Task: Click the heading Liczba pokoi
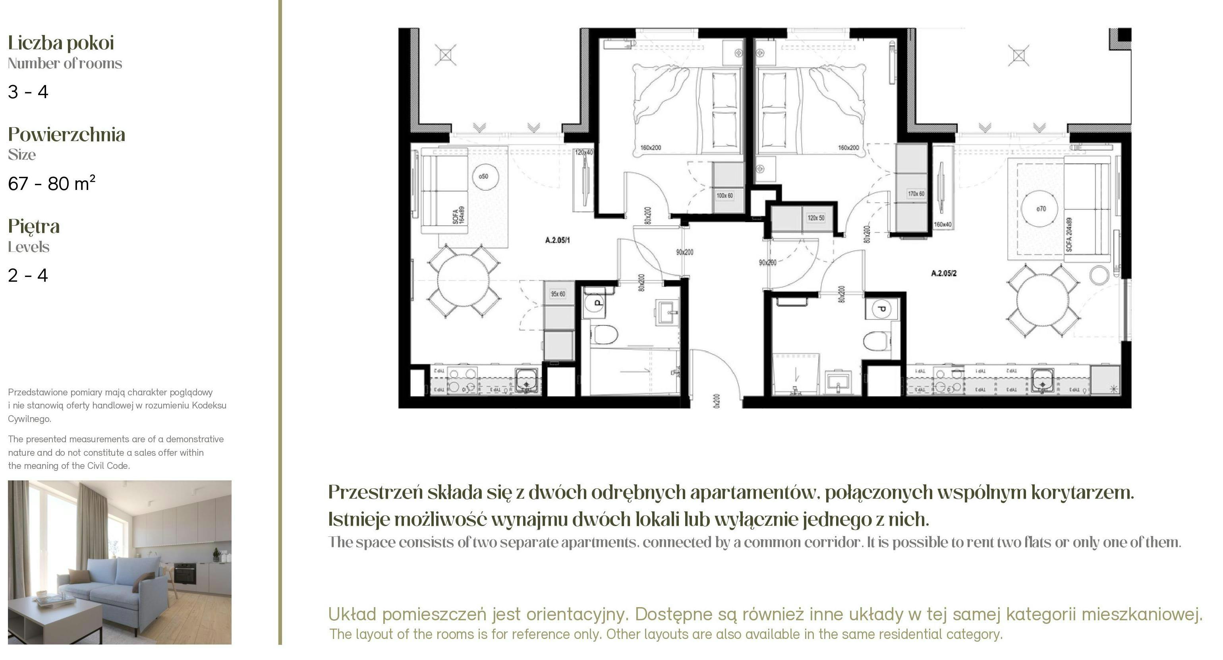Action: click(x=61, y=43)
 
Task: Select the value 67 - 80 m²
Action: click(x=51, y=183)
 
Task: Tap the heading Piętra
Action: click(x=34, y=226)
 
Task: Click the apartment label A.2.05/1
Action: click(x=557, y=240)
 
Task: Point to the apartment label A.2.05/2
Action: click(x=943, y=273)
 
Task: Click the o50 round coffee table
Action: click(x=483, y=177)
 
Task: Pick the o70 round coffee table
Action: click(x=1041, y=209)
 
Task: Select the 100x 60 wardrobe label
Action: click(x=725, y=195)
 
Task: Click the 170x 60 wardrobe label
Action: click(x=916, y=194)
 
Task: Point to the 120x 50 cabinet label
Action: click(x=815, y=218)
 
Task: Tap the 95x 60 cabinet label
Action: click(x=558, y=294)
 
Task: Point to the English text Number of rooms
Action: click(x=65, y=63)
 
